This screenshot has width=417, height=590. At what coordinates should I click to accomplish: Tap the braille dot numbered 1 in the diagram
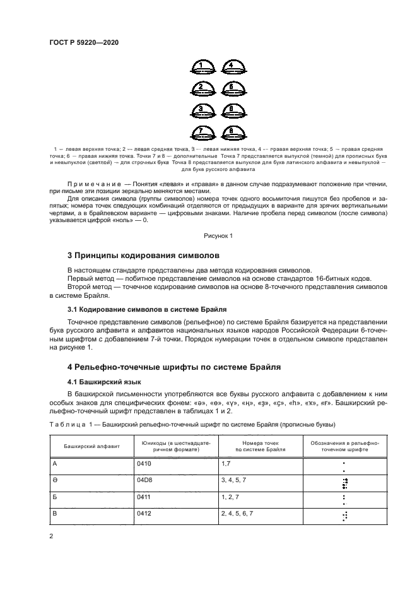[x=201, y=66]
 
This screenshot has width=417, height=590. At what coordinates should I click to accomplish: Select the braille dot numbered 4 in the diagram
[x=232, y=66]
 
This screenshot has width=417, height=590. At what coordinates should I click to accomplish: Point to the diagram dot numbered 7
[x=201, y=133]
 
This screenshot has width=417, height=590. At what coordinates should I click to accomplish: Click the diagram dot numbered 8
[x=232, y=133]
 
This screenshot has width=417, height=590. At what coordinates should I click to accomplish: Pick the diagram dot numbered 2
[x=201, y=88]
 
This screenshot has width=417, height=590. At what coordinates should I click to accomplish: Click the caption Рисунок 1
[x=218, y=235]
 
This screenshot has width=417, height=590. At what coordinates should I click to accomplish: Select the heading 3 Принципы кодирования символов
[x=143, y=256]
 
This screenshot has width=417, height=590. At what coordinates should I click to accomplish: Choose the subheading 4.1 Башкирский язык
[x=103, y=382]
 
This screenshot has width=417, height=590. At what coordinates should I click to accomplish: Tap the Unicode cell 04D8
[x=144, y=480]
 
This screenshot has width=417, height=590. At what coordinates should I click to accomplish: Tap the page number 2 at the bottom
[x=51, y=536]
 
